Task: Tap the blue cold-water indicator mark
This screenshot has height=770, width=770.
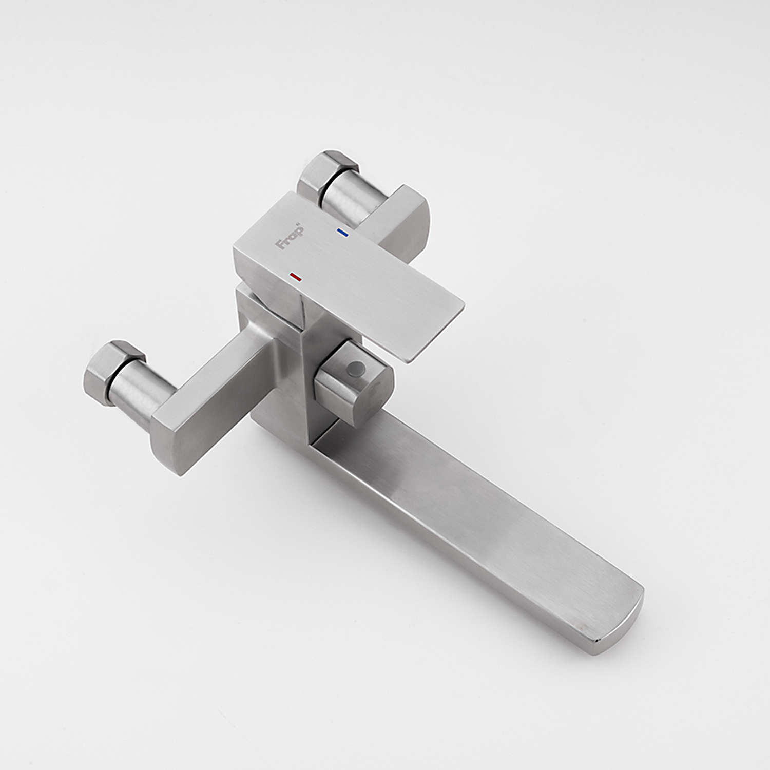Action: coord(342,232)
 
